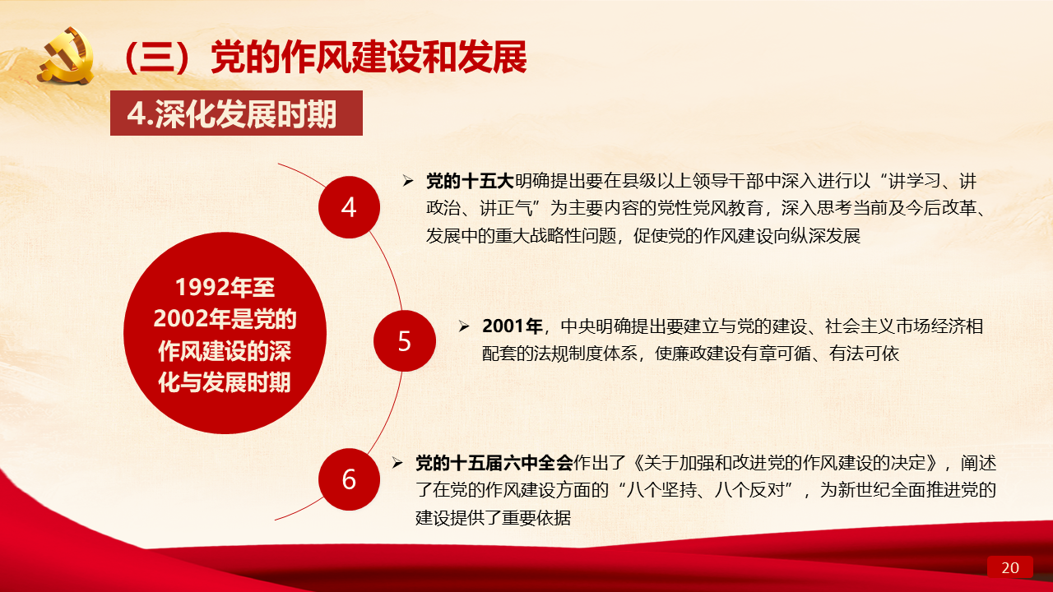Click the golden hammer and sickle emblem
(66, 55)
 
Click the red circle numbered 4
(349, 207)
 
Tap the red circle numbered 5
(404, 340)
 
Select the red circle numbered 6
(349, 479)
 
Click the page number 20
(1009, 567)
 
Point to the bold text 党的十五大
(470, 182)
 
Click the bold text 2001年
(512, 326)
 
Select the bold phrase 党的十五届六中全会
(494, 463)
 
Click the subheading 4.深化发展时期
(232, 113)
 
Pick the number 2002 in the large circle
(180, 318)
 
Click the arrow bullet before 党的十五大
(408, 181)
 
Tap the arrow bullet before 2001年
(464, 326)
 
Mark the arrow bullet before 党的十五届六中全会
(397, 463)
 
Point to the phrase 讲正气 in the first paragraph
(506, 208)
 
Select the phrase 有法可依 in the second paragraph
(864, 354)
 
